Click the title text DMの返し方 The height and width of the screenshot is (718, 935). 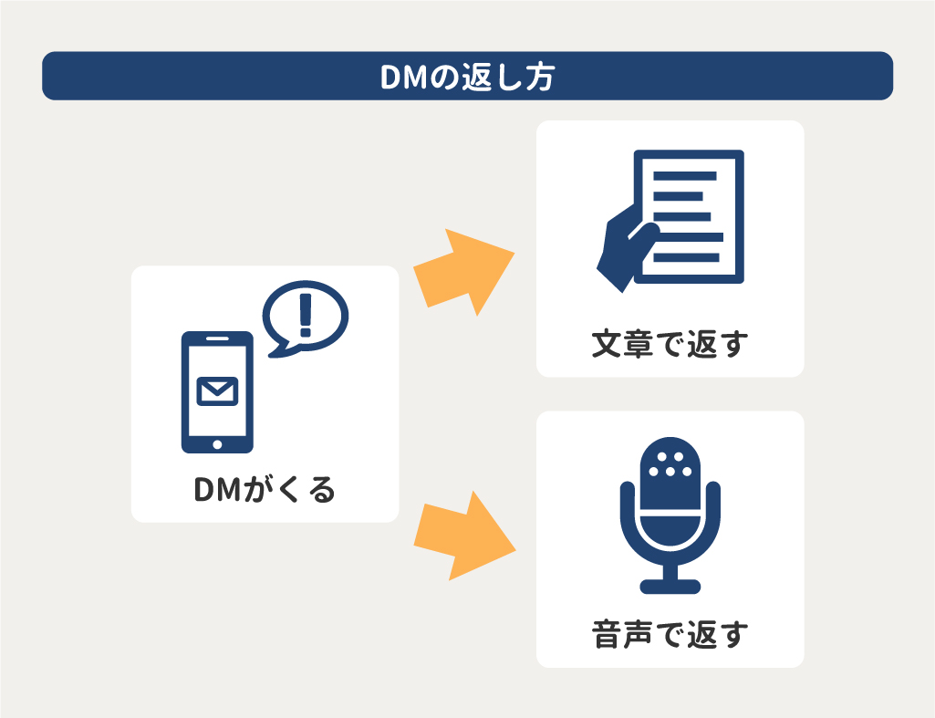point(467,77)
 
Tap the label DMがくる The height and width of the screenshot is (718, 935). point(265,491)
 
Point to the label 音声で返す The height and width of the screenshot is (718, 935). point(670,634)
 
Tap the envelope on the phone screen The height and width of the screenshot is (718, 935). point(217,390)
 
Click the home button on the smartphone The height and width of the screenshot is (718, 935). point(217,444)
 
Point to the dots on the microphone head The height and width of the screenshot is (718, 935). point(670,463)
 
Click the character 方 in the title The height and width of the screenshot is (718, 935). point(539,77)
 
